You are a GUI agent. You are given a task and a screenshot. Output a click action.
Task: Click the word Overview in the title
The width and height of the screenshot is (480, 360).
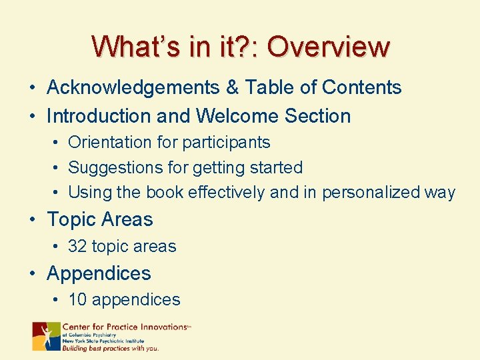tap(328, 47)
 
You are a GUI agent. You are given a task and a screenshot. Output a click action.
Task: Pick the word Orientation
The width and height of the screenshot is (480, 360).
tap(110, 142)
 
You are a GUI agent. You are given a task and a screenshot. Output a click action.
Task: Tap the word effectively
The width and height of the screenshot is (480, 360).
tap(227, 193)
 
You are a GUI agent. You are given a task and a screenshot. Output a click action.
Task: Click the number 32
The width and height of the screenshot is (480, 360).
tap(77, 246)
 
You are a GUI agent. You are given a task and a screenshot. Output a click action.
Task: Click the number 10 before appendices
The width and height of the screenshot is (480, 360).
tap(77, 299)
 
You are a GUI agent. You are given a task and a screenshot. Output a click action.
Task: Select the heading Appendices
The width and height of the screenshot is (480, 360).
tap(99, 273)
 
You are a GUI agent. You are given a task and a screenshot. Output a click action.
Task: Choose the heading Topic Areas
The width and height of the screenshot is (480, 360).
tap(99, 219)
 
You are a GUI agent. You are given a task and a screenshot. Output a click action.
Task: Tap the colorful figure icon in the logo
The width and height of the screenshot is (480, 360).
tap(46, 336)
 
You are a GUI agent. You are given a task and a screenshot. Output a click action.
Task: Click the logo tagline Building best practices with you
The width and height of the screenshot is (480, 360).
tap(110, 348)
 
